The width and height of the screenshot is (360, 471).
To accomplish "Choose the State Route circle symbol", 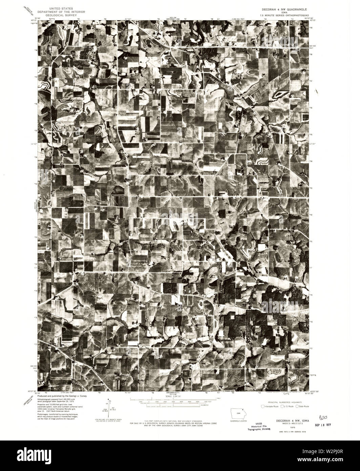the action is (297, 406).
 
